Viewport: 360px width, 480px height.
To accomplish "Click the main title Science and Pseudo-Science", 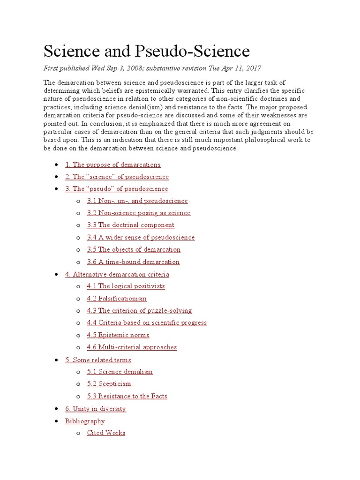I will (147, 51).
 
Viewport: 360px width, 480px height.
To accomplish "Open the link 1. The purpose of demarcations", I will (112, 165).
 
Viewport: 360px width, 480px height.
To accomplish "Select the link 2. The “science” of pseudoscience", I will (117, 177).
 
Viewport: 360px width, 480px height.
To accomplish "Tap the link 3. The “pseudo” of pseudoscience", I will (116, 189).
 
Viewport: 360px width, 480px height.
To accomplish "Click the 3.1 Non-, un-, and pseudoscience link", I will (137, 201).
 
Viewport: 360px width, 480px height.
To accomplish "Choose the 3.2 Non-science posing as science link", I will (138, 213).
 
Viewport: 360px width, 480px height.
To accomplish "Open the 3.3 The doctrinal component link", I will (130, 225).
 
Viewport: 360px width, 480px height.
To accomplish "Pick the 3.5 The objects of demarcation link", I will (134, 250).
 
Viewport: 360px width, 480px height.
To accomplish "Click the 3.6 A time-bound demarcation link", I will (133, 262).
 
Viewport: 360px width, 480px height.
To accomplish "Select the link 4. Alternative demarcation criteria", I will (117, 274).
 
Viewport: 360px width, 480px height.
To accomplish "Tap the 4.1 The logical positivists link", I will (126, 286).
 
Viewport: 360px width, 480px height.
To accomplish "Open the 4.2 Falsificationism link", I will (117, 299).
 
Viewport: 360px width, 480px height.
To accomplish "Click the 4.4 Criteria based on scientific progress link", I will (147, 323).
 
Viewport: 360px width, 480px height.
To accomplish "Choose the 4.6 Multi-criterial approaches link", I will (132, 347).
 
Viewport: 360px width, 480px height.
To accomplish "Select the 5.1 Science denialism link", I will (120, 372).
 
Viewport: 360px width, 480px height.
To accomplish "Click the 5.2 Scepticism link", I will (109, 384).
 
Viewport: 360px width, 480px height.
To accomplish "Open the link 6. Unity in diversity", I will (95, 409).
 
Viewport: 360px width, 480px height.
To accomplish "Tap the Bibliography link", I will (85, 421).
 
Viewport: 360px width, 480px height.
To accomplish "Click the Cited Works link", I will (106, 433).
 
